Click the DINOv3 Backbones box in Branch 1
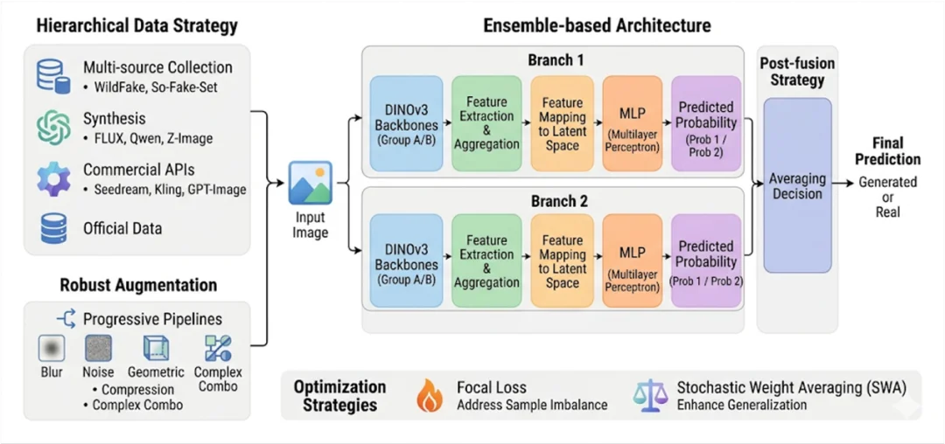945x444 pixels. pos(406,122)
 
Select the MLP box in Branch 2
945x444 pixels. pos(632,260)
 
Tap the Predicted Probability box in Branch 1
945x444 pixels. pos(706,122)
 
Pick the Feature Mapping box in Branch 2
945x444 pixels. pos(562,260)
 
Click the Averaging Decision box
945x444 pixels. pos(797,185)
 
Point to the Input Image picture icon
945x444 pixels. pos(311,183)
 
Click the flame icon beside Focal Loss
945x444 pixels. pos(429,395)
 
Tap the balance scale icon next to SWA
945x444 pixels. pos(648,395)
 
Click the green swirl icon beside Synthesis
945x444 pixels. pos(53,127)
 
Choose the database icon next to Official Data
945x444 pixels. pos(53,229)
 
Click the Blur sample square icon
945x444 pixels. pos(52,349)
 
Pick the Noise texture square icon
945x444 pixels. pos(98,349)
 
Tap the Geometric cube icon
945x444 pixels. pos(156,349)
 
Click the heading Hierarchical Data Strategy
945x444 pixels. pos(136,25)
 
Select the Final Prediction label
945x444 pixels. pos(887,151)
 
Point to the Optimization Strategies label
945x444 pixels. pos(340,395)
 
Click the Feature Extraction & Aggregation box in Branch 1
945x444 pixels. pos(486,122)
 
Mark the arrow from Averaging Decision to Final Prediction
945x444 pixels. pos(843,183)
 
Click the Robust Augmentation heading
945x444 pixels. pos(138,285)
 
